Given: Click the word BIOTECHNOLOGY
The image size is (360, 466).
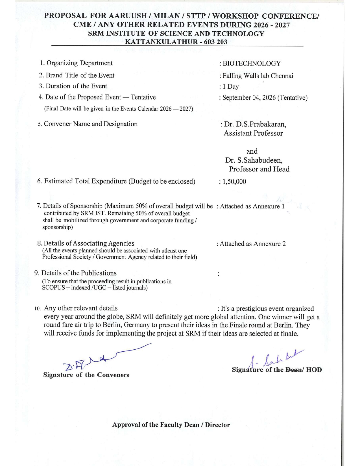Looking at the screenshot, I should click(252, 64).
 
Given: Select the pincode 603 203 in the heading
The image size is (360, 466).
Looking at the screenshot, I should click(215, 42).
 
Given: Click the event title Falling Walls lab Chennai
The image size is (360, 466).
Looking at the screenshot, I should click(258, 76).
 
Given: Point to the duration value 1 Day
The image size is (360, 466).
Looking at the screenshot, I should click(231, 87).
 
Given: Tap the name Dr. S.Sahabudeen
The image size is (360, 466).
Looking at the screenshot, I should click(254, 160).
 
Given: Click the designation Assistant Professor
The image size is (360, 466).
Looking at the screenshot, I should click(253, 133).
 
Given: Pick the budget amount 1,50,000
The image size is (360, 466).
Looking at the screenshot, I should click(234, 182).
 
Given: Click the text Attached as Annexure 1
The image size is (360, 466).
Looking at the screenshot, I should click(252, 206).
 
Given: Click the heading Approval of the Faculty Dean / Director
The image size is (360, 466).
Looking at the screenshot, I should click(171, 425).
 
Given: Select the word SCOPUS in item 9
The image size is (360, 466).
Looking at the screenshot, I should click(53, 288).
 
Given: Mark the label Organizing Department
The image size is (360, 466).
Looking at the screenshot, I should click(79, 63).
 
